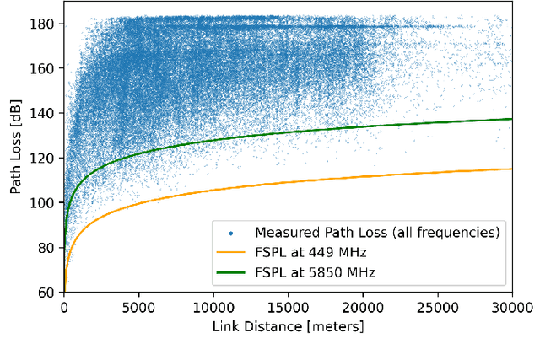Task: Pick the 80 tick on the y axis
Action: pos(49,248)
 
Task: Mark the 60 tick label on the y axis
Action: pos(49,293)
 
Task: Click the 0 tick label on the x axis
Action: pos(64,307)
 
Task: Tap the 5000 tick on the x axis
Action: pos(138,307)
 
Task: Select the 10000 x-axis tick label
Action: pos(213,307)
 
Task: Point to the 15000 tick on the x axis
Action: pos(288,307)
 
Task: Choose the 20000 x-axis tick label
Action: pos(363,307)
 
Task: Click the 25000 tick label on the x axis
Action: pos(437,307)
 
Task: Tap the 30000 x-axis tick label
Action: pos(511,307)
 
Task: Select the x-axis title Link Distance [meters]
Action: pos(288,325)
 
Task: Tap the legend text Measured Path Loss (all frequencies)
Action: pos(378,231)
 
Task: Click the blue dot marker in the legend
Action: pos(232,231)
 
